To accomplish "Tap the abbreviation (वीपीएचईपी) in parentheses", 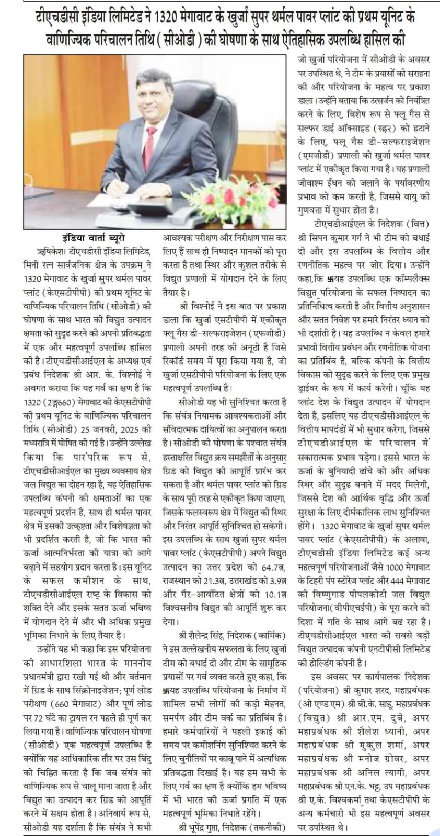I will tap(359, 606).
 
